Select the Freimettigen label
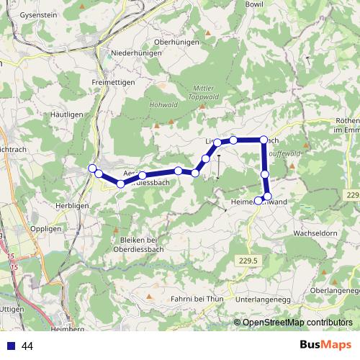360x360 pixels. pyautogui.click(x=114, y=81)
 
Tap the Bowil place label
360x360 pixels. pyautogui.click(x=255, y=4)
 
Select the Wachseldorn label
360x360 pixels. pyautogui.click(x=315, y=234)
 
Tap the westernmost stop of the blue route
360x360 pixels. pyautogui.click(x=92, y=168)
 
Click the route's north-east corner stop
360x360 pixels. pyautogui.click(x=264, y=140)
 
